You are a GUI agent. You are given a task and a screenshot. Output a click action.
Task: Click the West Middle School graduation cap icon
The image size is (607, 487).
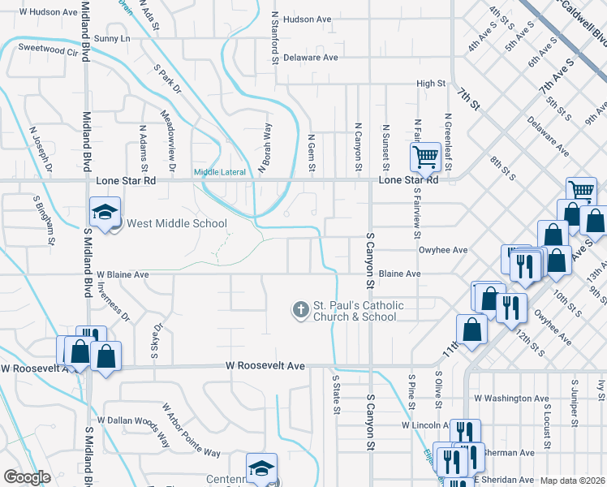(x=104, y=212)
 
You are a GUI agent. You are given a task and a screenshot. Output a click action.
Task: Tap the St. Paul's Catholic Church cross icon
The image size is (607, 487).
(x=301, y=309)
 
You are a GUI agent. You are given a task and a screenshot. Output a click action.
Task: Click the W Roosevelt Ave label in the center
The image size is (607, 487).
(x=265, y=367)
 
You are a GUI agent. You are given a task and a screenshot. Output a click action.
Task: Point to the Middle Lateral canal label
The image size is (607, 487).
(x=219, y=171)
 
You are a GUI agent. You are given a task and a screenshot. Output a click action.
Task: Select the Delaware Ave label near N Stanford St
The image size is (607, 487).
(x=310, y=58)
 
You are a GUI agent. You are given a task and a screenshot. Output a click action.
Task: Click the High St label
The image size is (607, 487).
(x=431, y=83)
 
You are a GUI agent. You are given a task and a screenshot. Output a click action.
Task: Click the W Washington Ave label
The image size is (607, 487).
(x=511, y=399)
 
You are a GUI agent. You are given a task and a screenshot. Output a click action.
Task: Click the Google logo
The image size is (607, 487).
(x=27, y=476)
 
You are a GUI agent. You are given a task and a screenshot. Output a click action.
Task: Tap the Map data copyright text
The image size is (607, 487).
(x=572, y=481)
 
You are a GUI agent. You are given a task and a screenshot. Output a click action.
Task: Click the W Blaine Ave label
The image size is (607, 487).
(x=123, y=274)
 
